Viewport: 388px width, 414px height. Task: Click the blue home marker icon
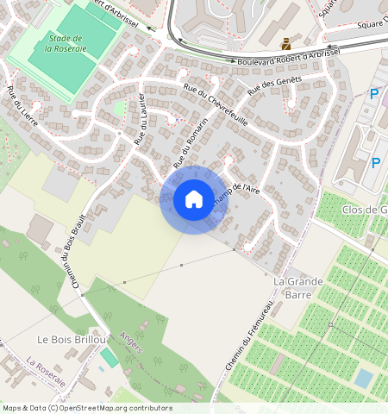(x=194, y=199)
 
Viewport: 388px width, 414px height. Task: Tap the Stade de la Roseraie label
(x=65, y=44)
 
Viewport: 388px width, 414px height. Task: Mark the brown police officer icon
(x=285, y=42)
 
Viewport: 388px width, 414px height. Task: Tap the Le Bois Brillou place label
(x=71, y=340)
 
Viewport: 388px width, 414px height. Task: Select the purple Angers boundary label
(x=130, y=344)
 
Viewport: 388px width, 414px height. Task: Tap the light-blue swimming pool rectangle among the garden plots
(x=365, y=379)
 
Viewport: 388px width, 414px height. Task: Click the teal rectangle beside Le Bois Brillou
(x=109, y=356)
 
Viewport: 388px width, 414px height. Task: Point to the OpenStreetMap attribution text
(x=87, y=408)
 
